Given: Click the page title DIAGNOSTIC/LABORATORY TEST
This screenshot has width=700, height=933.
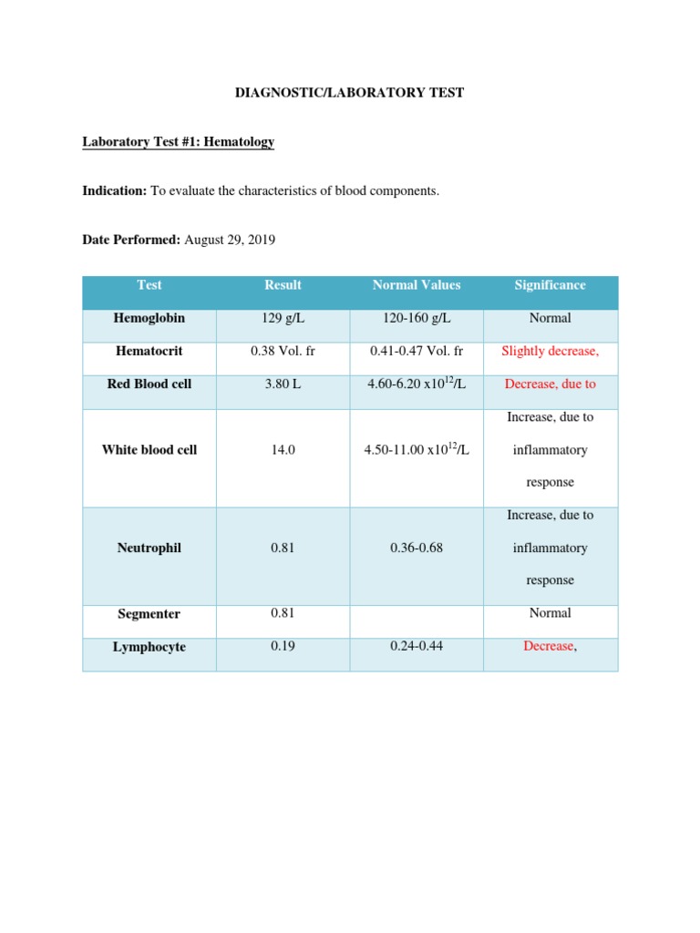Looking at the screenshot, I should [x=350, y=93].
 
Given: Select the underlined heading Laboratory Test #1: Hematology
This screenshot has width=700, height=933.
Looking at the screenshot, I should [x=178, y=142].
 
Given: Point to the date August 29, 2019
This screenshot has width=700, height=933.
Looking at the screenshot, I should [x=230, y=240].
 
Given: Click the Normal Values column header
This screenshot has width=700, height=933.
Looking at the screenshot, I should [x=416, y=285].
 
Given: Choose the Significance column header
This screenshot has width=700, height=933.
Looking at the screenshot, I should [x=550, y=285].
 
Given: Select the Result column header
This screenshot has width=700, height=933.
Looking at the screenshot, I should [x=283, y=285].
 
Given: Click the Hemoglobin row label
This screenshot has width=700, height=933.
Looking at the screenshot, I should [x=149, y=318].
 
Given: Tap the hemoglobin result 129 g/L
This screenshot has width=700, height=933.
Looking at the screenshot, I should [x=283, y=318].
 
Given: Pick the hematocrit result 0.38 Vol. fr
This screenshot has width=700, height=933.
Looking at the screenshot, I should [x=283, y=351].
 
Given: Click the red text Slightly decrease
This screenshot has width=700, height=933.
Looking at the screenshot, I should [x=550, y=351].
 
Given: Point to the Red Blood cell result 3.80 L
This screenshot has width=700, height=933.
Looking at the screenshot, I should [x=283, y=384].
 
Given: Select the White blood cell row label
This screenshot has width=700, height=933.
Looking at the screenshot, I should [x=149, y=449].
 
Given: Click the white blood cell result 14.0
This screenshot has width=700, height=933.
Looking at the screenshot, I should [x=283, y=449].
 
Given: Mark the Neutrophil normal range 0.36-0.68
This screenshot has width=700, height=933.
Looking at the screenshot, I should [x=416, y=548].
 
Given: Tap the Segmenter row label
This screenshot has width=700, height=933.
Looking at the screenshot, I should [x=149, y=614].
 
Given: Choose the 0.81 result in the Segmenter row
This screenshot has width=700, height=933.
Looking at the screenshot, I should [x=283, y=613].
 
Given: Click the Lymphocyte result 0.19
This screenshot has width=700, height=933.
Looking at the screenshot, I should [x=283, y=647].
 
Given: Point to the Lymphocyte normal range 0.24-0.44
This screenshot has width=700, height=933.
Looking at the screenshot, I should [x=416, y=647].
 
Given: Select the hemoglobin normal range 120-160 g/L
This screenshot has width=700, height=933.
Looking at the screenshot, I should [x=416, y=318].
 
